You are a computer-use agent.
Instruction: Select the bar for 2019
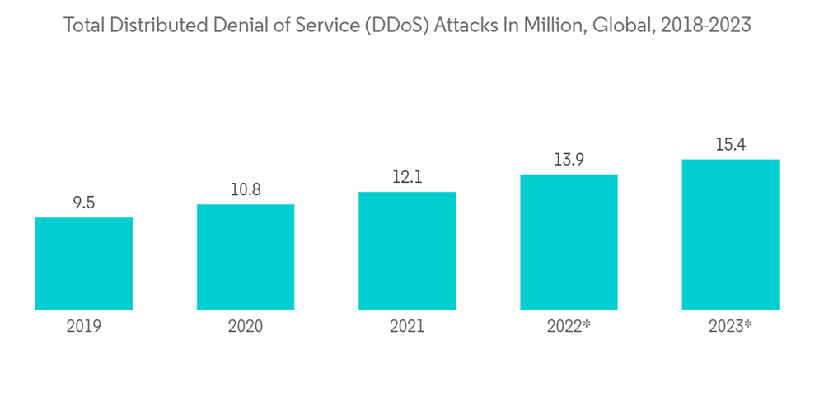click(84, 263)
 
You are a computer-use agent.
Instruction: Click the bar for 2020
click(246, 257)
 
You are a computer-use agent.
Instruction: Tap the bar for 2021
click(407, 250)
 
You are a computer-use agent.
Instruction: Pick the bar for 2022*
click(569, 242)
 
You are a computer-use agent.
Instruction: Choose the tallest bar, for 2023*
click(731, 235)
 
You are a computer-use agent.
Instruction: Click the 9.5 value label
click(84, 203)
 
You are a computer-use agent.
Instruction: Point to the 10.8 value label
click(246, 189)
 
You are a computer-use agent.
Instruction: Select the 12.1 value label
click(407, 177)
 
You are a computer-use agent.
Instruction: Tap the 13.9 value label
click(569, 160)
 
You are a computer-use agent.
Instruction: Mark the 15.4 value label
click(731, 145)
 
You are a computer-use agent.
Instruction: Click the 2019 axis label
click(84, 327)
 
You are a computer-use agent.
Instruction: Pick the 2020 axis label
click(246, 327)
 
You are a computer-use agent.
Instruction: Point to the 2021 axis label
click(407, 327)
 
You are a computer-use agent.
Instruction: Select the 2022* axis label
click(569, 327)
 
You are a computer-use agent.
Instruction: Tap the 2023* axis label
click(731, 327)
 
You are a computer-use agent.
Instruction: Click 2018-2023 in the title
click(710, 26)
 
